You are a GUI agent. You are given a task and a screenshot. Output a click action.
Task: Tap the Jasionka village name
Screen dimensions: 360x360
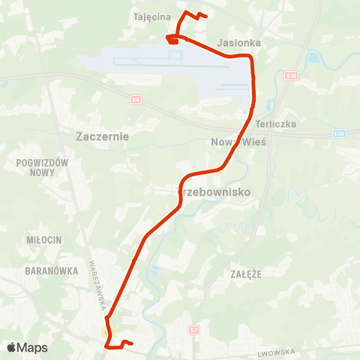click(239, 43)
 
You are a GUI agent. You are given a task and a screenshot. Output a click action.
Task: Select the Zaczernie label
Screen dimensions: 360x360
click(103, 136)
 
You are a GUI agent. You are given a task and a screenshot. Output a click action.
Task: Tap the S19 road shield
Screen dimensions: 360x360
click(292, 75)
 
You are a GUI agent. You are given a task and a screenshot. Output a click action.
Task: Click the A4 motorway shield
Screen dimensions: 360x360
click(136, 98)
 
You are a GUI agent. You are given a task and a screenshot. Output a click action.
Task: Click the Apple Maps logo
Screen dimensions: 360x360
click(27, 347)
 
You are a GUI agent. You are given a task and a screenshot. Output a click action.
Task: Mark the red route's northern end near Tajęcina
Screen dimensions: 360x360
click(205, 15)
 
